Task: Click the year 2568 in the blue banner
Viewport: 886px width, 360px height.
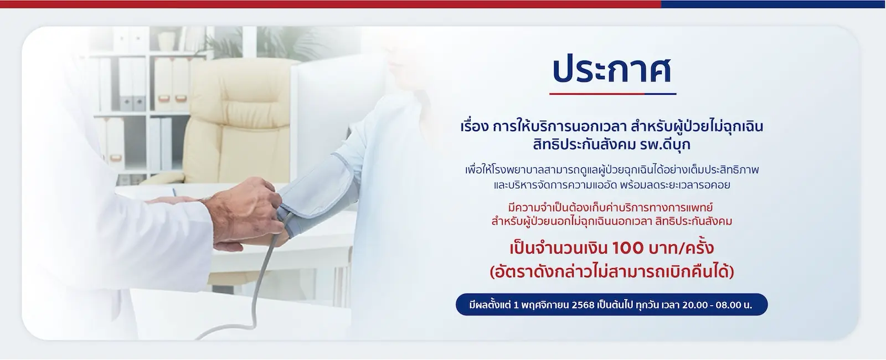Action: [583, 305]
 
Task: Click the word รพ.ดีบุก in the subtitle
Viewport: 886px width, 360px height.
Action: [665, 144]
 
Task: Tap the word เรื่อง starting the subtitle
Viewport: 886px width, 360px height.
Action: [475, 127]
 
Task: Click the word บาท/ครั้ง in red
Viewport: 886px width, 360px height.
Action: [682, 248]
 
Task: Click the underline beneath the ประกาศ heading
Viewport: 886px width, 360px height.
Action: [612, 94]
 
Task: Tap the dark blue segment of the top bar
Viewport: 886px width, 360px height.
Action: [773, 4]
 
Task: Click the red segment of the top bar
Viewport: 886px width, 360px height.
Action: [331, 4]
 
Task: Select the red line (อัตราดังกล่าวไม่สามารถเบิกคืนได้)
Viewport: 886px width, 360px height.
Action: [612, 272]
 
